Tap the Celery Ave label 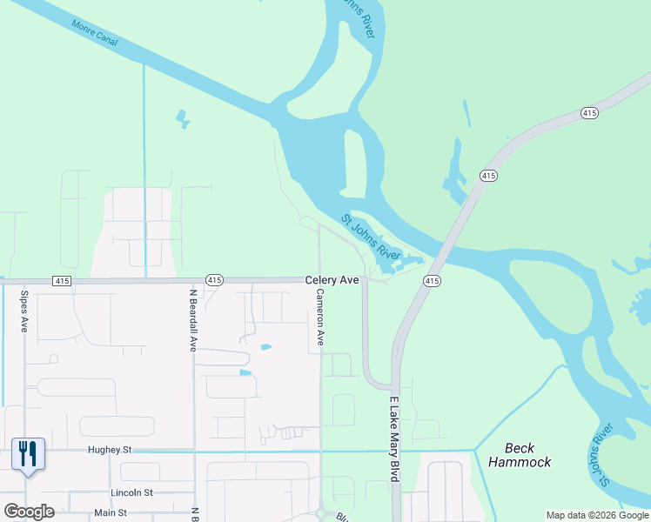click(332, 281)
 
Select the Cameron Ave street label click(320, 318)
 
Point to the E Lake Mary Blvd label click(394, 440)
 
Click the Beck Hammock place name click(520, 455)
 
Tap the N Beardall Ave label click(192, 319)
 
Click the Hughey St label click(109, 450)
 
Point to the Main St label click(111, 513)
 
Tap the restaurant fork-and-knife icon click(28, 453)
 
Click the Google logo click(29, 512)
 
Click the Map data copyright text click(597, 515)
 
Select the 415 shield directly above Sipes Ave click(61, 281)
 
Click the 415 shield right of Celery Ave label click(433, 280)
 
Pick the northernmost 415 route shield click(589, 114)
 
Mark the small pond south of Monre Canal click(182, 117)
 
